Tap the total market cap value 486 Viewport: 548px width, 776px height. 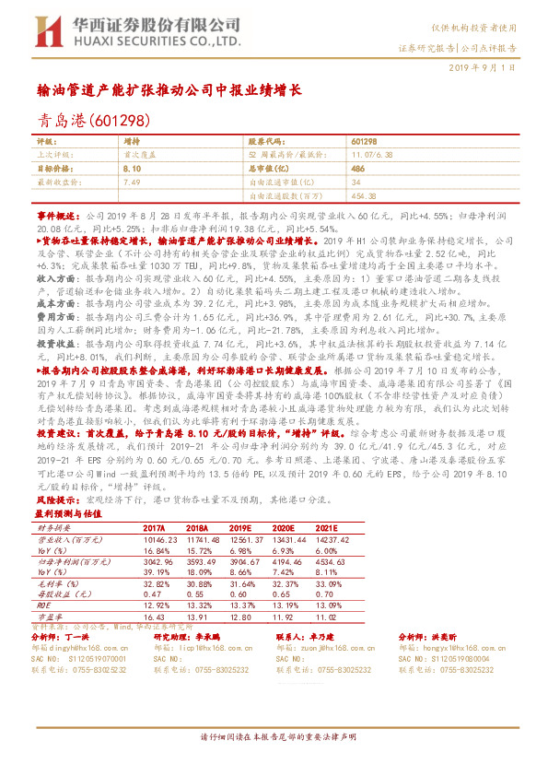[x=358, y=170]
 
